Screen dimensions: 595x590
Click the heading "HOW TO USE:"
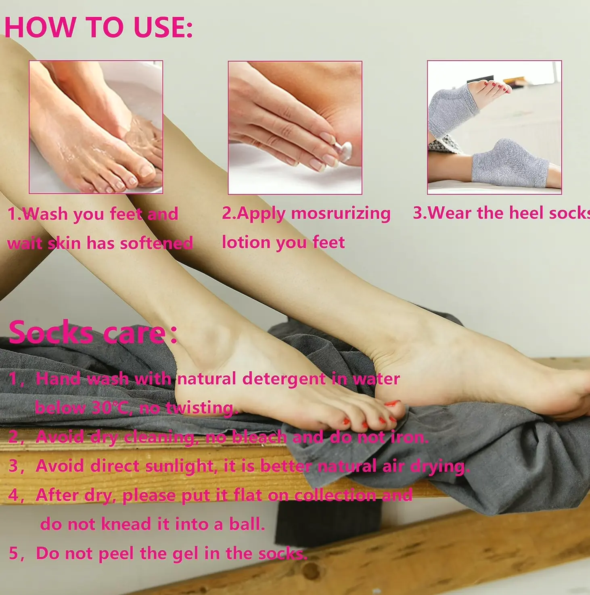[98, 27]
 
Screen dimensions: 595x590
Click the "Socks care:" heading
[93, 333]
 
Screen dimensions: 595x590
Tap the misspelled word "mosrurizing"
[341, 214]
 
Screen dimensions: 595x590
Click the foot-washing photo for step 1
[96, 127]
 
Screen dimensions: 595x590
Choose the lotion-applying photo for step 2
[295, 128]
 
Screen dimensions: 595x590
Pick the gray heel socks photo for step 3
[494, 128]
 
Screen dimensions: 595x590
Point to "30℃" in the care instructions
[110, 408]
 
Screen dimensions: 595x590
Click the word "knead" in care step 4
[126, 524]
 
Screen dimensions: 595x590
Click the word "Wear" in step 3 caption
[450, 213]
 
